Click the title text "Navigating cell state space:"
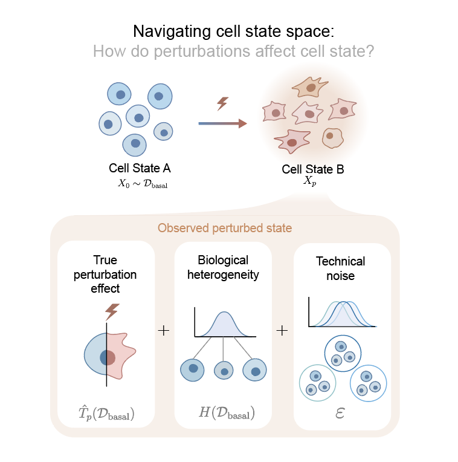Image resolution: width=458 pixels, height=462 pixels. (x=234, y=31)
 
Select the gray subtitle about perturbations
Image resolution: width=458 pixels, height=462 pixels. (x=233, y=51)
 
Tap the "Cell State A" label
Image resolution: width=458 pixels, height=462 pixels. (x=140, y=168)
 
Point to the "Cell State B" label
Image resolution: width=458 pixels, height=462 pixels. (x=313, y=169)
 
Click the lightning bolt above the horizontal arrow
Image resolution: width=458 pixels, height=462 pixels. (x=222, y=103)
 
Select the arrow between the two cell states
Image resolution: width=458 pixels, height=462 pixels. (x=223, y=123)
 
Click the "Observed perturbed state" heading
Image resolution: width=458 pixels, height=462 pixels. (x=225, y=228)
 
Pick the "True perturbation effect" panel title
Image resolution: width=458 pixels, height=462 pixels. (x=105, y=275)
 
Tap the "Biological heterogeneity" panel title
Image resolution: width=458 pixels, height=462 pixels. (x=223, y=267)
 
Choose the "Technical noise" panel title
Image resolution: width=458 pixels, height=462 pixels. (x=341, y=268)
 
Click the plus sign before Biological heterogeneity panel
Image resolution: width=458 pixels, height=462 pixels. (x=164, y=331)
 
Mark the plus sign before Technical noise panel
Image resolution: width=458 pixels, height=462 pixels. (x=282, y=331)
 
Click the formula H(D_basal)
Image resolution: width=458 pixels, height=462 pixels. (x=227, y=412)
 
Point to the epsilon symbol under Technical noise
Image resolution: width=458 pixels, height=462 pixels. (x=340, y=413)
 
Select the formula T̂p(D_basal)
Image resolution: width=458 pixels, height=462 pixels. (x=106, y=413)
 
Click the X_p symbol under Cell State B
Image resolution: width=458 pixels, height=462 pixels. (x=310, y=181)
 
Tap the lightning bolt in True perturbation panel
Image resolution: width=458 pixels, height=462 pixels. (x=112, y=312)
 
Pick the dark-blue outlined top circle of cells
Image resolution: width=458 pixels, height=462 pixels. (x=343, y=353)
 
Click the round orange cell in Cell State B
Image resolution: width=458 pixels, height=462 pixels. (x=332, y=138)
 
